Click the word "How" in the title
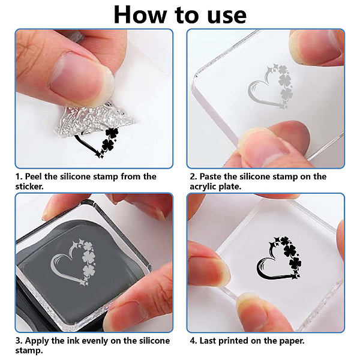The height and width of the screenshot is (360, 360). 140,14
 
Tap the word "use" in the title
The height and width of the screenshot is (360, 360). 227,16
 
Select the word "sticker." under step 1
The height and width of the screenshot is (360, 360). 29,186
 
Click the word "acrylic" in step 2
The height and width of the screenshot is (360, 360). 203,187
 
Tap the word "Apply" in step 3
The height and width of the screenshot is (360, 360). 37,341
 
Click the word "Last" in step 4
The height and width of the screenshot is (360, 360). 208,340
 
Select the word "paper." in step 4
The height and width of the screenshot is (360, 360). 292,341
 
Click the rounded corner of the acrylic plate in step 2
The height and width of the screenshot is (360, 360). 196,75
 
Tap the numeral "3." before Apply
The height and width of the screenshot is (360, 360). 19,341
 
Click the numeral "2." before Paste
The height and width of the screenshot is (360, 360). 194,176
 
